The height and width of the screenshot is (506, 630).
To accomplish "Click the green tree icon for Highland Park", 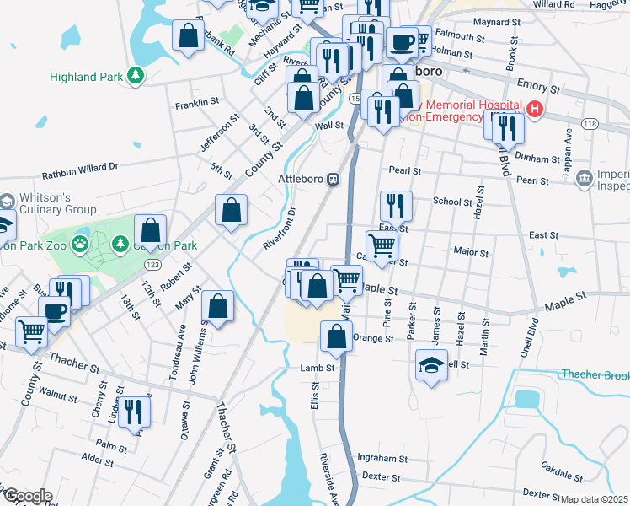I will (135, 76).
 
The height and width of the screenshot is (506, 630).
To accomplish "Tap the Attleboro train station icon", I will (334, 179).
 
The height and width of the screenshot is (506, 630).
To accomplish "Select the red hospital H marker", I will (534, 110).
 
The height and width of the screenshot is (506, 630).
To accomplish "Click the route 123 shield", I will (152, 265).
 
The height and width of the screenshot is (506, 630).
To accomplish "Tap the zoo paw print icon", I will (79, 244).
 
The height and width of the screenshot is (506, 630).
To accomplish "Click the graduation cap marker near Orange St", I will (431, 365).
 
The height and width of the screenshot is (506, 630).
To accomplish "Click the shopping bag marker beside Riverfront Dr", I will (231, 210).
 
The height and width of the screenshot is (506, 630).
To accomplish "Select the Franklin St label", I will (196, 105).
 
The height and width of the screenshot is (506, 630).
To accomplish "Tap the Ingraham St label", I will (382, 459).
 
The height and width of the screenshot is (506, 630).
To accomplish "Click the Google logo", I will (27, 496).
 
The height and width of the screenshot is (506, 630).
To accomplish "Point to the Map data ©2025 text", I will (594, 499).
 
